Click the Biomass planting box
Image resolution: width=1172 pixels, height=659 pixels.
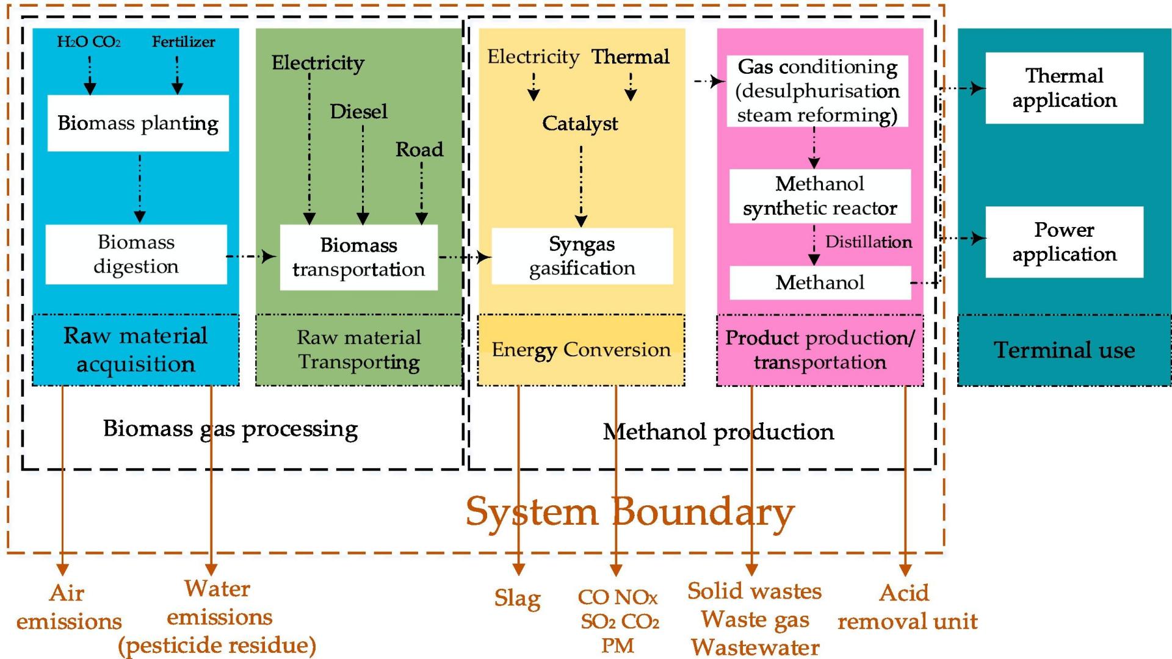tap(138, 123)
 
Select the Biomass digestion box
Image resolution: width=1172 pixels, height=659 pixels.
tap(136, 254)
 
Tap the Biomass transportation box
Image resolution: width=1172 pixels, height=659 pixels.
tap(359, 257)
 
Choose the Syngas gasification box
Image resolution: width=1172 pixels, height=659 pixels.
tap(582, 256)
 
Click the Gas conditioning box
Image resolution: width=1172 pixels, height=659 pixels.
tap(817, 91)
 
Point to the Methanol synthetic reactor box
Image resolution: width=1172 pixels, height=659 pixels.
tap(820, 196)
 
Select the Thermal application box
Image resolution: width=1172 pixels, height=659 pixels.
tap(1064, 88)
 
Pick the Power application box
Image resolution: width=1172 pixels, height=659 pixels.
tap(1064, 242)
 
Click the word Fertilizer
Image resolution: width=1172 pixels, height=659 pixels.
tap(183, 42)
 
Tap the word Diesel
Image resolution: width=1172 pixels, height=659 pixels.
tap(358, 112)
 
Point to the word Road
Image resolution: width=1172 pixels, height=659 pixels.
tap(419, 149)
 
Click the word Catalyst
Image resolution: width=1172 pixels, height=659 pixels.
tap(580, 124)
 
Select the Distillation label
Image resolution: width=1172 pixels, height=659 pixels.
tap(868, 242)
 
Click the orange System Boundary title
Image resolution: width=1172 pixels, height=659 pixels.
tap(630, 511)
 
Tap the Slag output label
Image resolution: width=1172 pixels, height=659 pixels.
tap(517, 599)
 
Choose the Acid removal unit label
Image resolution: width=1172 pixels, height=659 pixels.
tap(907, 607)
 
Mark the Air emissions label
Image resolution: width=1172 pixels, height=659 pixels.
tap(68, 607)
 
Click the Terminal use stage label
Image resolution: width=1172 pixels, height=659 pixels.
tap(1064, 350)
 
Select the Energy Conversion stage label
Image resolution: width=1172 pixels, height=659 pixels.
tap(581, 350)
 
